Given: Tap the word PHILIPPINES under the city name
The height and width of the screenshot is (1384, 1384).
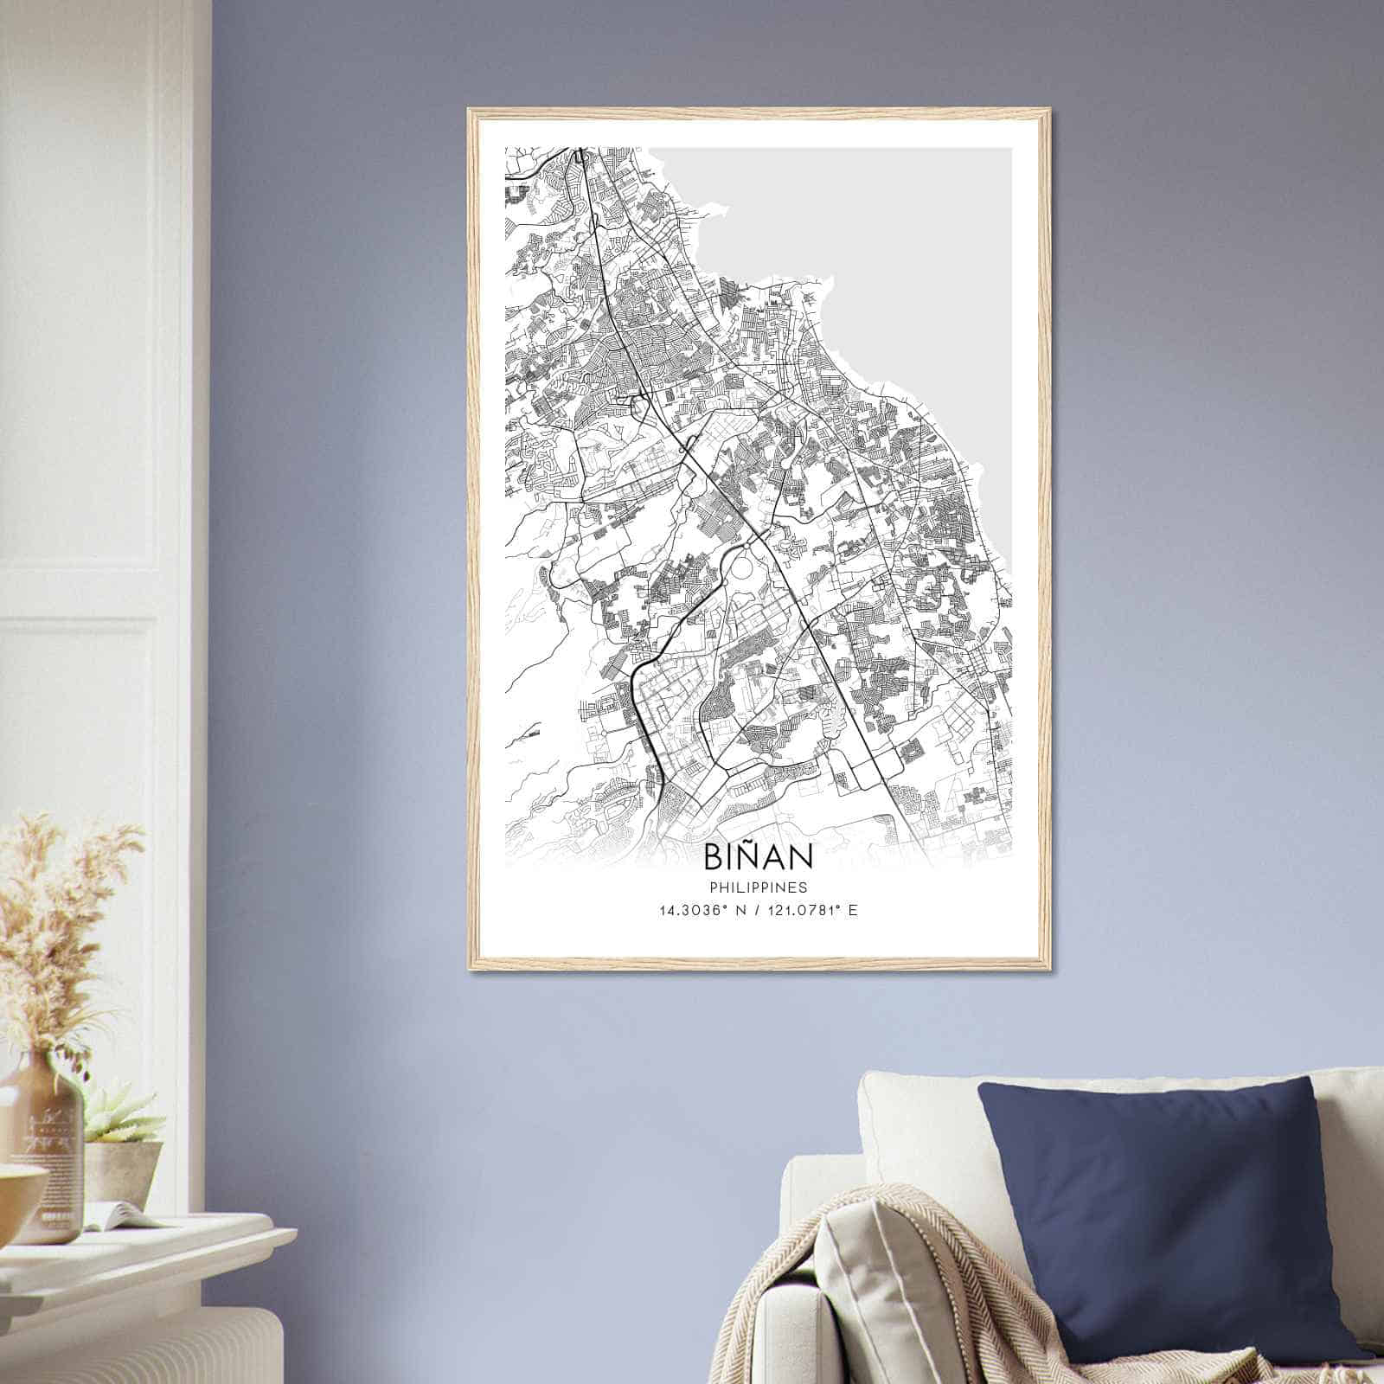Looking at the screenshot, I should pyautogui.click(x=758, y=887).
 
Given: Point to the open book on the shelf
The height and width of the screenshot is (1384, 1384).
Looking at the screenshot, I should pyautogui.click(x=121, y=1216).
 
